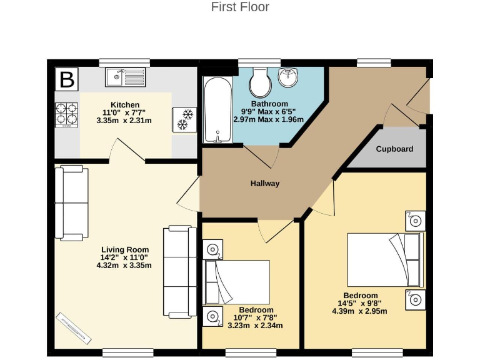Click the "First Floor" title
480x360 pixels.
click(x=240, y=7)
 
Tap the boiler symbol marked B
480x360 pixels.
click(x=67, y=80)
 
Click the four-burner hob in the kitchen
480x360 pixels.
click(x=67, y=114)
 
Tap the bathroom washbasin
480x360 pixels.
click(x=288, y=79)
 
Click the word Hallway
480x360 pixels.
click(x=265, y=184)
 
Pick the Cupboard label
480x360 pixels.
click(x=394, y=149)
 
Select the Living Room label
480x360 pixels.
click(x=124, y=249)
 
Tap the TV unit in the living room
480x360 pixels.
click(x=73, y=326)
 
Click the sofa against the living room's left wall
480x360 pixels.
click(x=69, y=202)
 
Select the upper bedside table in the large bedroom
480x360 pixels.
click(x=415, y=220)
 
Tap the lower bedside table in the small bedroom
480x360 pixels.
click(x=213, y=316)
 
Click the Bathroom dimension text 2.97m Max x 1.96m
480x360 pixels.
click(x=269, y=119)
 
